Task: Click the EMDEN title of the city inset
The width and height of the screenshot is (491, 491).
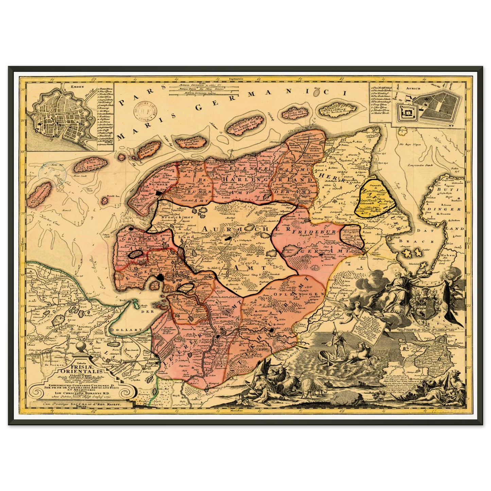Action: pyautogui.click(x=70, y=86)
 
